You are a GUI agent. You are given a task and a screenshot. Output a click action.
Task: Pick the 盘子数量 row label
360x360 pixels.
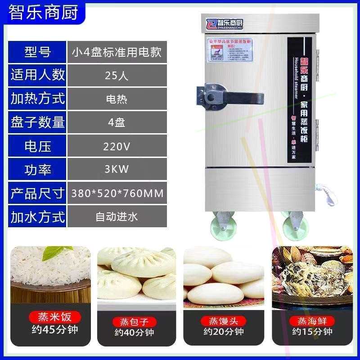pos(38,122)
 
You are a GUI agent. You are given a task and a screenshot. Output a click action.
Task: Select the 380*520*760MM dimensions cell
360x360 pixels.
pos(117,193)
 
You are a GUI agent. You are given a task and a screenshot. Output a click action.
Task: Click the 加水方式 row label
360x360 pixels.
pos(38,216)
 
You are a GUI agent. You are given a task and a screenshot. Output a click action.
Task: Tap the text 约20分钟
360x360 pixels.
pos(223,332)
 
